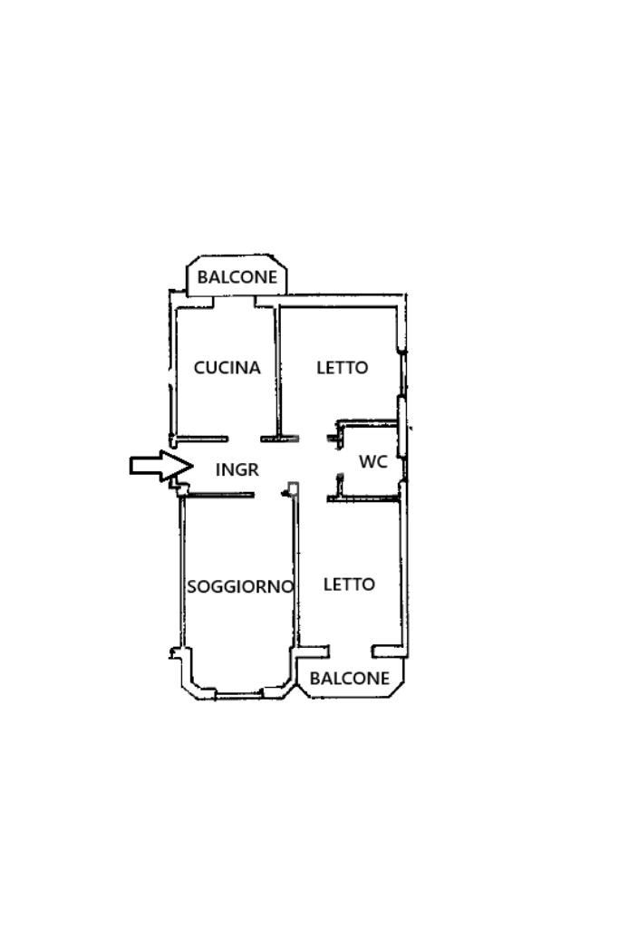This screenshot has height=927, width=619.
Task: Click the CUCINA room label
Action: point(227,368)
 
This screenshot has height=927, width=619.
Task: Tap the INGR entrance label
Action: point(237,469)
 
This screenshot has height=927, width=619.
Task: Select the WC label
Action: point(373,461)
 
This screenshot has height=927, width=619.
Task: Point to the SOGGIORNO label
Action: point(240,586)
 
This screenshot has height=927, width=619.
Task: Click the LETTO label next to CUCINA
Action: point(343,368)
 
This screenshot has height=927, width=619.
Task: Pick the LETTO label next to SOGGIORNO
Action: point(349,584)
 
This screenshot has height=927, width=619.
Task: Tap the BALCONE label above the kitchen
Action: point(237,277)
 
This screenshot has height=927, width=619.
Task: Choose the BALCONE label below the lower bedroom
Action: point(350,678)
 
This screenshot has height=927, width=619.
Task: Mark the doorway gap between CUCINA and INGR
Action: point(245,439)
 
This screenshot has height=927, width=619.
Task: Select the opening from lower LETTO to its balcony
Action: point(351,650)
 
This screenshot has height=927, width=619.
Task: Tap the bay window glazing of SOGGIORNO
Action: point(238,694)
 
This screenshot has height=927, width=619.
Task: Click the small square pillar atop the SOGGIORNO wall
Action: point(293,489)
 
